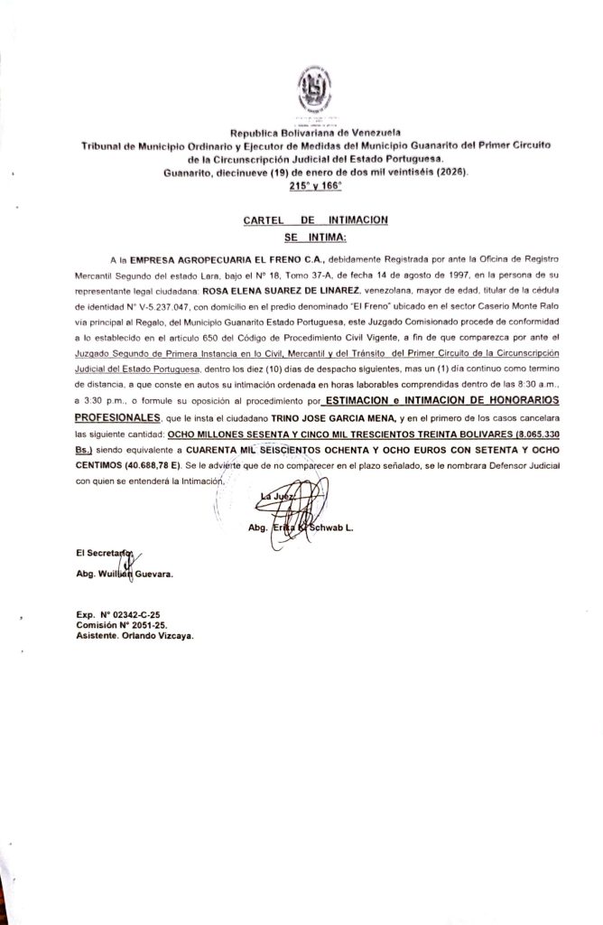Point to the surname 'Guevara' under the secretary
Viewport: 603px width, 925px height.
tap(153, 574)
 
